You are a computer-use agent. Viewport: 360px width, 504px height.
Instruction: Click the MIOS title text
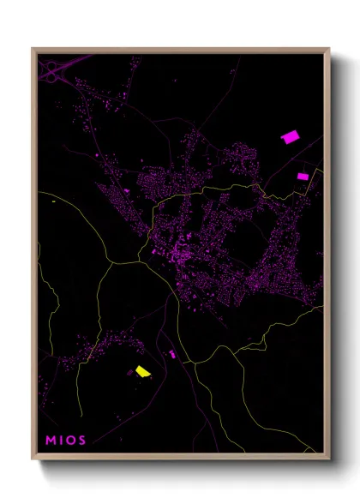(x=66, y=441)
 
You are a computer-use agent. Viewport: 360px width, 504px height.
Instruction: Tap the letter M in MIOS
(x=51, y=441)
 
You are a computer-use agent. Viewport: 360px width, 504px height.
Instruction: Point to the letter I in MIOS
(x=61, y=441)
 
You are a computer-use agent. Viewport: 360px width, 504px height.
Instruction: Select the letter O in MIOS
(x=70, y=441)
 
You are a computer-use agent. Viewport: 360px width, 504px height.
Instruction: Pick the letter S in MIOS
(x=82, y=441)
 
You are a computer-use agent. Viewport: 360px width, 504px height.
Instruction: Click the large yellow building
(x=142, y=371)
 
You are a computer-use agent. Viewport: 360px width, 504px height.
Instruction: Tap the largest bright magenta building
(x=289, y=136)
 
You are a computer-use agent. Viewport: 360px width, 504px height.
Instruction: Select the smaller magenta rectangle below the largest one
(x=303, y=176)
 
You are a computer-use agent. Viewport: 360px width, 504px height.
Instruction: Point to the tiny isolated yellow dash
(x=53, y=201)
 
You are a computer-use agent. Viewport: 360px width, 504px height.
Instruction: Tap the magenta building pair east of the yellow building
(x=171, y=353)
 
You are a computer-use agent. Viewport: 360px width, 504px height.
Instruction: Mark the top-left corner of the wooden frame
(x=32, y=47)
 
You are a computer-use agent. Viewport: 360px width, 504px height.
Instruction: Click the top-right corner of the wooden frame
(x=330, y=47)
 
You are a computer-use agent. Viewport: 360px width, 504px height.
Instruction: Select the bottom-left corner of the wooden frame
(x=32, y=457)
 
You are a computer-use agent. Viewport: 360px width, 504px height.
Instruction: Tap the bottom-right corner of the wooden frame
(x=330, y=457)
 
